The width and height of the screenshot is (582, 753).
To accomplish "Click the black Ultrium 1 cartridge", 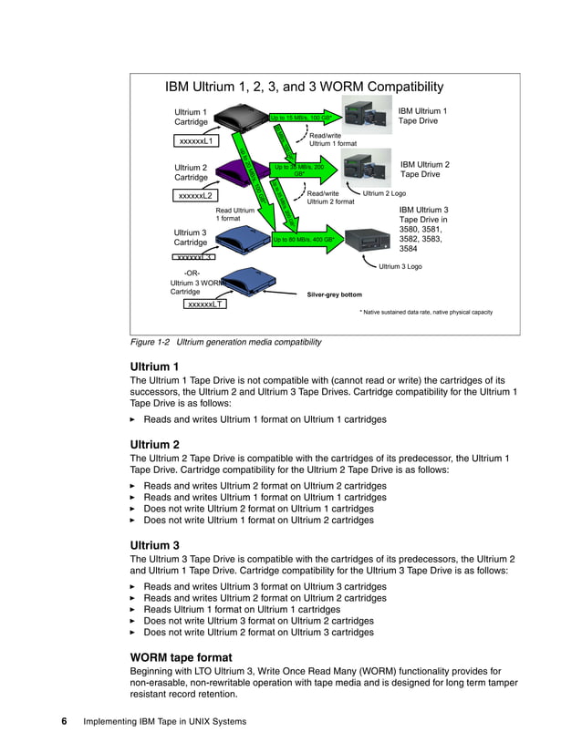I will click(239, 117).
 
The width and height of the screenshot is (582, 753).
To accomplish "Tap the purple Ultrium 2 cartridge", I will click(238, 170).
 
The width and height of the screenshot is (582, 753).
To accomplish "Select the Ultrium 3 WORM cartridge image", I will click(238, 279).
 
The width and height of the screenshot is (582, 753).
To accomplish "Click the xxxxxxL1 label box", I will click(196, 141).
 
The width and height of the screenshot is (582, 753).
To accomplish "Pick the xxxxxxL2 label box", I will click(195, 195).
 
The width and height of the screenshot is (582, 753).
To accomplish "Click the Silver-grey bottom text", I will click(334, 294).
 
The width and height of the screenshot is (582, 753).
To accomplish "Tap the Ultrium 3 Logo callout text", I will click(400, 266).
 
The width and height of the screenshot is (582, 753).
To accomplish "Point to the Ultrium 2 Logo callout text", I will click(385, 193).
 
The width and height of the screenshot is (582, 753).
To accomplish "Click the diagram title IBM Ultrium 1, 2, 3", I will click(304, 88).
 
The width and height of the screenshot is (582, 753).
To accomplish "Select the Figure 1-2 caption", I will click(226, 342).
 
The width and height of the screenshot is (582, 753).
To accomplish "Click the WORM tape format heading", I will click(182, 657).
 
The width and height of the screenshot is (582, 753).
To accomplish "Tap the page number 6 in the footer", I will click(65, 722).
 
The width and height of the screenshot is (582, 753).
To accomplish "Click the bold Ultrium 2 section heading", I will click(154, 444).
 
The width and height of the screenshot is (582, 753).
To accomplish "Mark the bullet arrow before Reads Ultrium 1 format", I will click(133, 610).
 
